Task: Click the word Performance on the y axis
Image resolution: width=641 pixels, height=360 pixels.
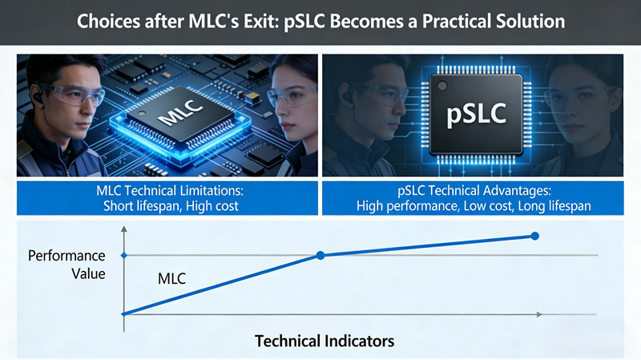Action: tap(67, 256)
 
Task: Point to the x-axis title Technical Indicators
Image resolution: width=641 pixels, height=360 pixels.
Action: tap(325, 341)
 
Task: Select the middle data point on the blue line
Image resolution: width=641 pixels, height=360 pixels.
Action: tap(320, 255)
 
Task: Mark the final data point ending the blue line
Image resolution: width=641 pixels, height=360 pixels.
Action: tap(534, 236)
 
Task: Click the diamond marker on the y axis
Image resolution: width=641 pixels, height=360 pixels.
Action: tap(123, 255)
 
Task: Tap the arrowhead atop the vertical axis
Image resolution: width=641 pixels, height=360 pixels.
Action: tap(123, 230)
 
